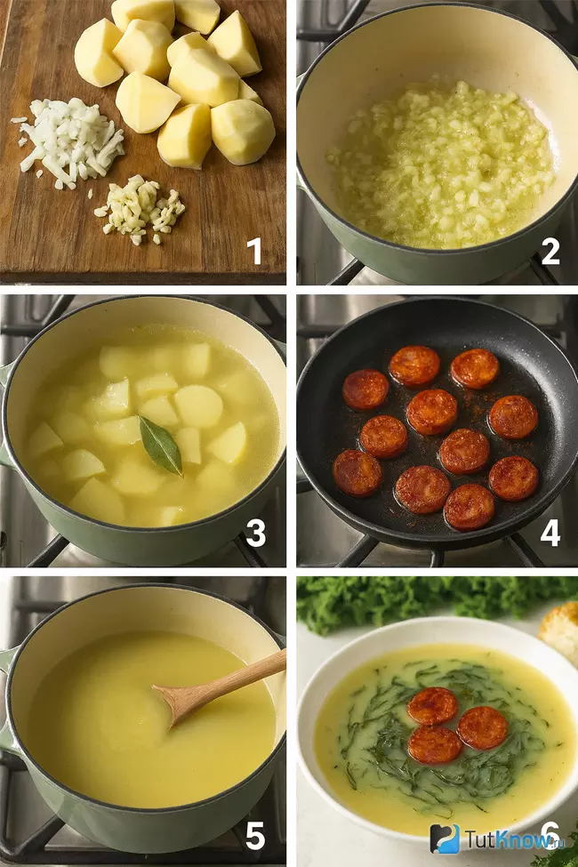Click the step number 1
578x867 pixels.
[x=254, y=251]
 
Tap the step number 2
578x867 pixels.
[x=550, y=251]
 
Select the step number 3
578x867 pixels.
[x=255, y=533]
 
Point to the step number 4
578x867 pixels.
[x=550, y=533]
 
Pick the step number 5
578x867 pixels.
[x=255, y=836]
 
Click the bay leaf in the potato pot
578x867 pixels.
[x=161, y=446]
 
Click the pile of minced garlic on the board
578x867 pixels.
[x=140, y=210]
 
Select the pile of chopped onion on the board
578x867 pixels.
[x=68, y=141]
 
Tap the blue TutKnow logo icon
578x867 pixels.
[x=445, y=839]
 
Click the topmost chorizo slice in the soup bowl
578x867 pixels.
[x=432, y=706]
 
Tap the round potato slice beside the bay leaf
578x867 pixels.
[x=198, y=407]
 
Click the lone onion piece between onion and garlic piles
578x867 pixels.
[x=90, y=194]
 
